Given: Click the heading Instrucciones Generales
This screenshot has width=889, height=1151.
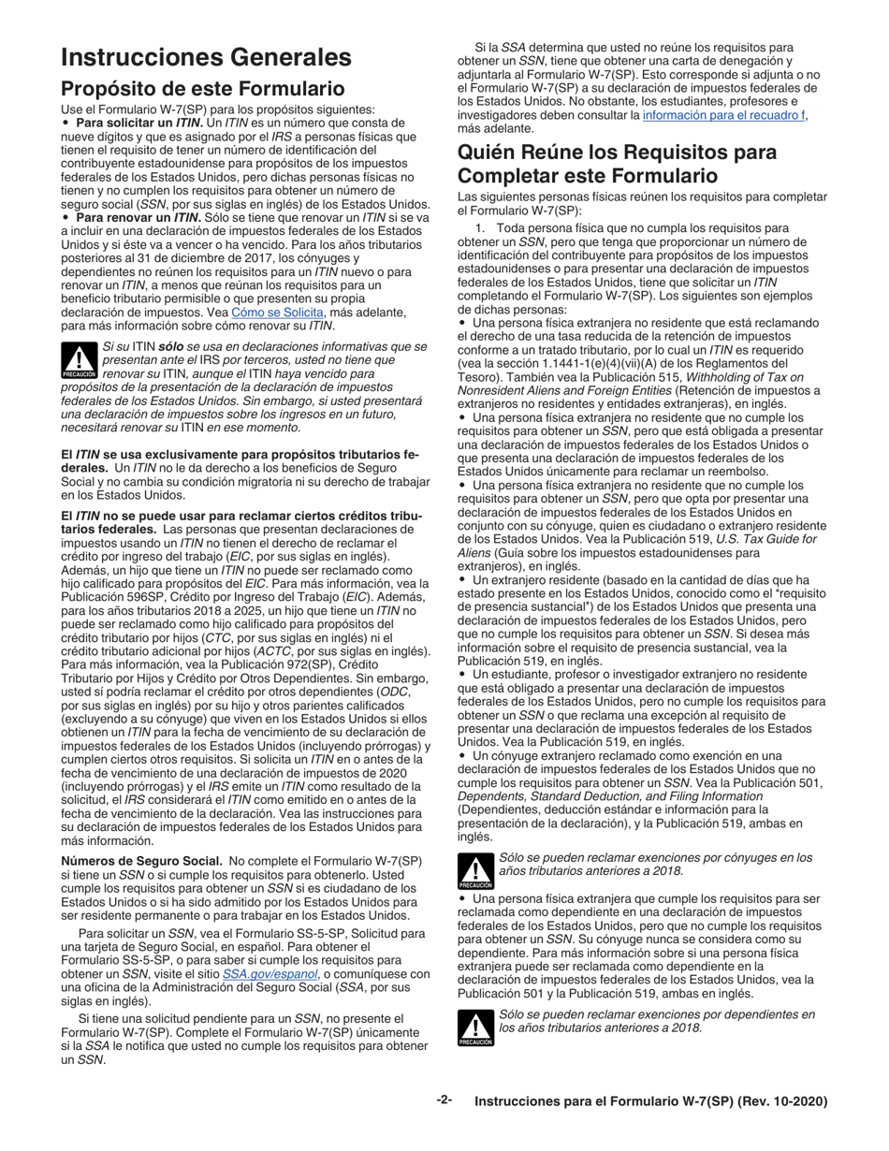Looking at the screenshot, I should click(x=206, y=57).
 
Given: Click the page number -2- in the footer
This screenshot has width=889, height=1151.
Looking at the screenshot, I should click(x=444, y=1100).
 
